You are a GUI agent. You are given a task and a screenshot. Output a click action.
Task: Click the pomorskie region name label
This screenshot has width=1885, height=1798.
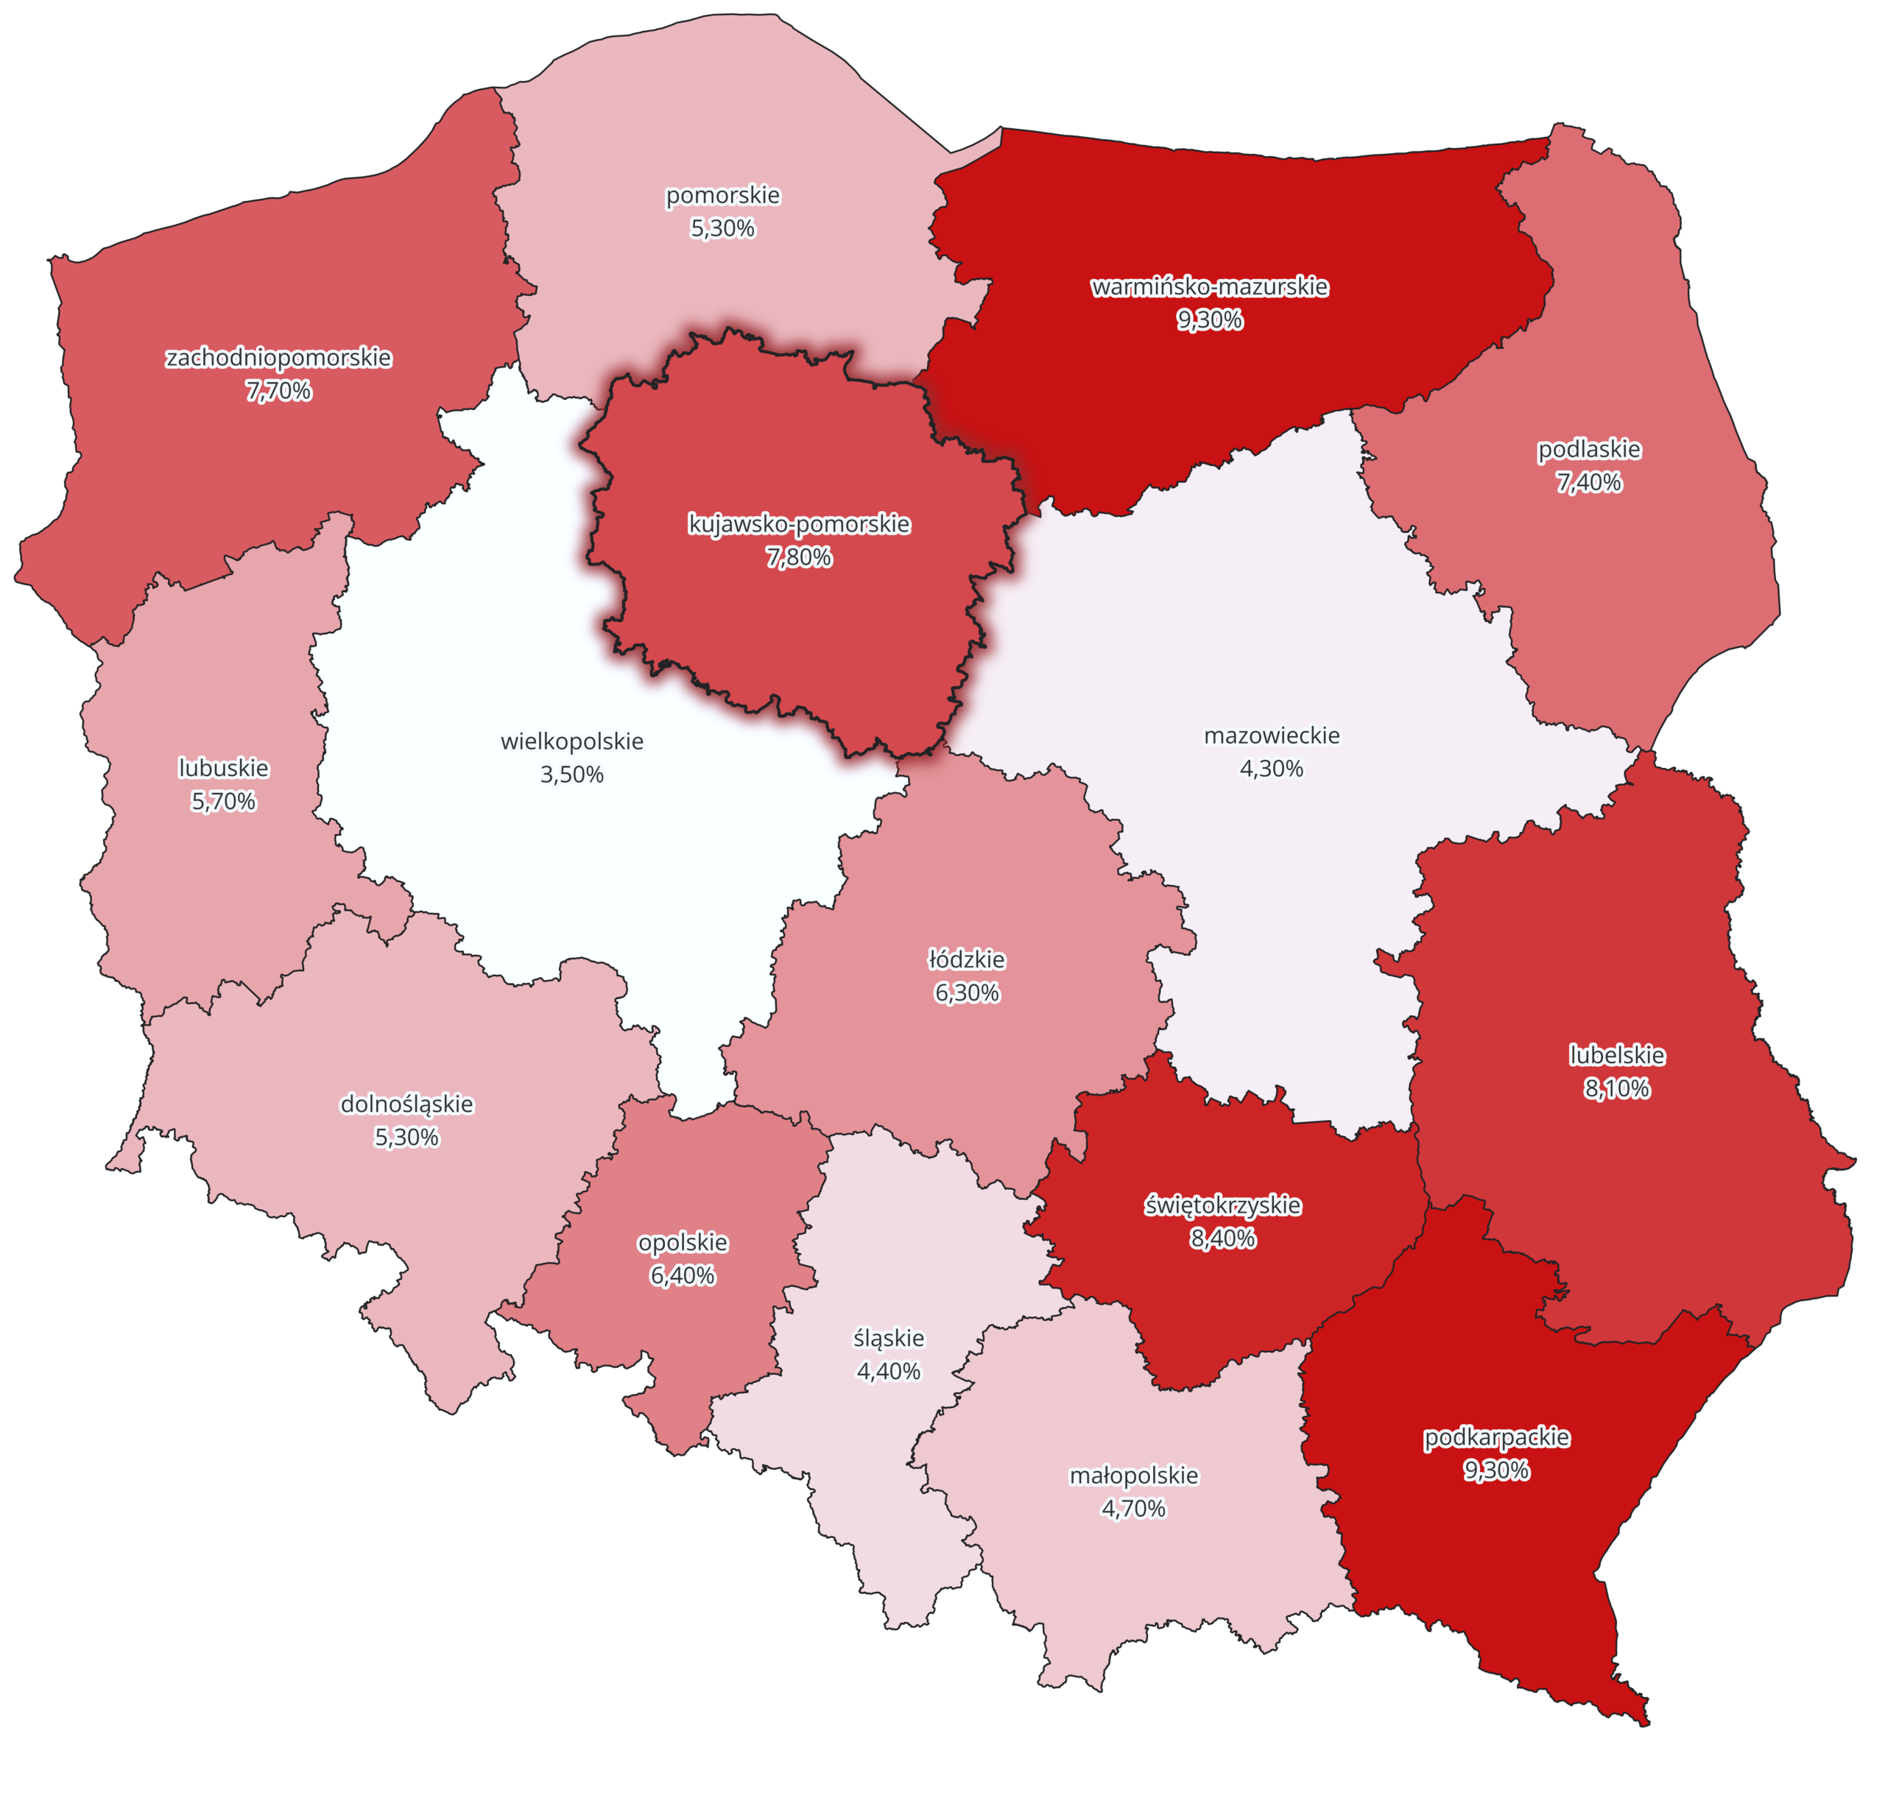[722, 196]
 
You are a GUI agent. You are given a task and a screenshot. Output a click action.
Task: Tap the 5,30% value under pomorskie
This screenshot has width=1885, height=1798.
[722, 228]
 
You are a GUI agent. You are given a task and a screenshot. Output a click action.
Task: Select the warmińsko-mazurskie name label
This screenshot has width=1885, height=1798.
[1209, 286]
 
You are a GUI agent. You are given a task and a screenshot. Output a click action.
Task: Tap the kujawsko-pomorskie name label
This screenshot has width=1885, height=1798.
[799, 524]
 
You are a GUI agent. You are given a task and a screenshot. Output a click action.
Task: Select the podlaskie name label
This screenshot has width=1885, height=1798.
[1589, 448]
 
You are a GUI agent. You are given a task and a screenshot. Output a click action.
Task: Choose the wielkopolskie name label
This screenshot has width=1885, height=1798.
[572, 741]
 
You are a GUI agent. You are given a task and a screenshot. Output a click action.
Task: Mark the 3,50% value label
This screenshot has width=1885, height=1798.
[572, 775]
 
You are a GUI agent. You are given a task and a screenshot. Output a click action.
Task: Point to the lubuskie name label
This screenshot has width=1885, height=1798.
[223, 768]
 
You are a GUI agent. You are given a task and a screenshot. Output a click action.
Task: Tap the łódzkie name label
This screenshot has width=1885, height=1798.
[967, 959]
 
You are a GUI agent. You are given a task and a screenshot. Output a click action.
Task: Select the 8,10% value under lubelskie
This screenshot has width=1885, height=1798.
[1617, 1089]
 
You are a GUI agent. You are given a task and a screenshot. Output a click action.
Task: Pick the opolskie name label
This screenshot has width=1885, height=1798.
[683, 1243]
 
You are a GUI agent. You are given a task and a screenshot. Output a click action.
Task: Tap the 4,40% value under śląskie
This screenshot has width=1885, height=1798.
[888, 1372]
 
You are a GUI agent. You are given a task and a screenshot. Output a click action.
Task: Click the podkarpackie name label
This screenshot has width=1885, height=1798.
[1496, 1438]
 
